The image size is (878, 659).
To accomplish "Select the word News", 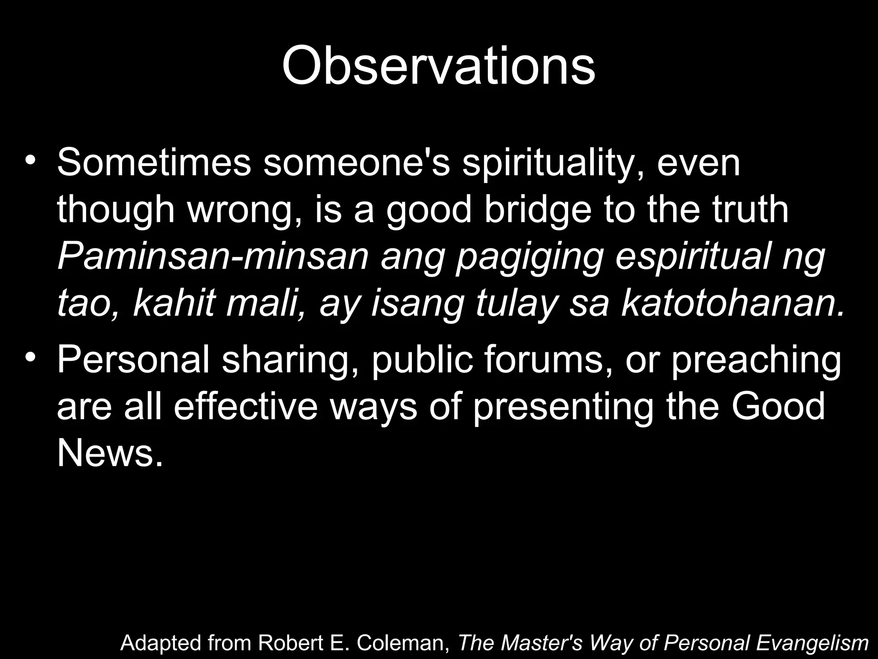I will click(110, 453).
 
